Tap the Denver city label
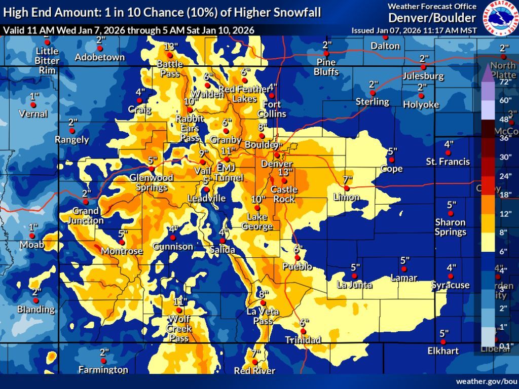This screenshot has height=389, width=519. [277, 164]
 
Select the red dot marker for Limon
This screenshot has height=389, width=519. [347, 188]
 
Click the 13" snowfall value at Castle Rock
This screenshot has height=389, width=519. [284, 173]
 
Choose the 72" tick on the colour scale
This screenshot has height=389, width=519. [505, 82]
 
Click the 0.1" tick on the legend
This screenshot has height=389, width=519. [505, 346]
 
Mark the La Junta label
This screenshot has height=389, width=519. [354, 285]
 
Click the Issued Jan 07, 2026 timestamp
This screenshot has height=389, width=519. [414, 30]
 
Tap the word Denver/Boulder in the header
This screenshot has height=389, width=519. [432, 18]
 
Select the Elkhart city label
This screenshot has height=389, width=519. [443, 351]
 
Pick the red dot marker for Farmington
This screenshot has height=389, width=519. [103, 361]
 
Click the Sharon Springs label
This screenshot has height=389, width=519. [450, 227]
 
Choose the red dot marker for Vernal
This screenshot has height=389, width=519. [33, 104]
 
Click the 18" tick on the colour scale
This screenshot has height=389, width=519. [505, 194]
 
